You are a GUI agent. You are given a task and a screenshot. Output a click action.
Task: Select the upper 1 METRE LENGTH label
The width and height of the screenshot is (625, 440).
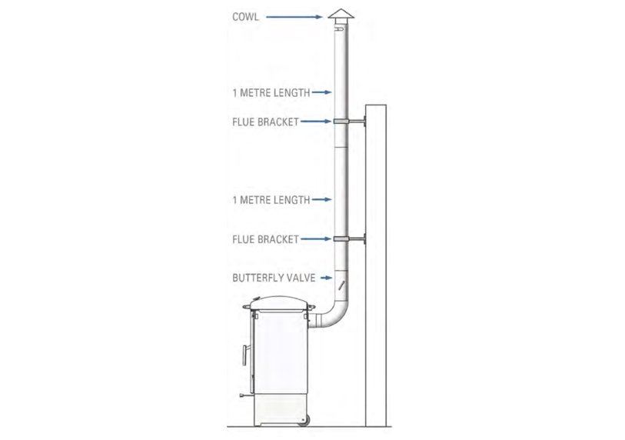271,93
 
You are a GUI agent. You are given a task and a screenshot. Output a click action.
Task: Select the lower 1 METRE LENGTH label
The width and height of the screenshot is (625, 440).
271,200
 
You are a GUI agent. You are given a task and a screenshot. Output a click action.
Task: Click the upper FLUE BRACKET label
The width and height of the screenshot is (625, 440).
265,122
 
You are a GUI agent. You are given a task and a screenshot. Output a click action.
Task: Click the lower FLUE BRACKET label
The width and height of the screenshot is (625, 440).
265,239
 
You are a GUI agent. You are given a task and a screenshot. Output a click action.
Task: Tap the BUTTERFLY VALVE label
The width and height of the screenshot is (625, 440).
274,278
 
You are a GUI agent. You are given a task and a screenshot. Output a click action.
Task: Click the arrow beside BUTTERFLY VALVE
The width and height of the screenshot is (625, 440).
326,278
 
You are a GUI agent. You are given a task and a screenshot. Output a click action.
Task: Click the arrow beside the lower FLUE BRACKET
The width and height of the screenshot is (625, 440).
315,239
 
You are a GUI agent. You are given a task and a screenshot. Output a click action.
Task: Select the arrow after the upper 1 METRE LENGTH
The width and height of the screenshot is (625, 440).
321,93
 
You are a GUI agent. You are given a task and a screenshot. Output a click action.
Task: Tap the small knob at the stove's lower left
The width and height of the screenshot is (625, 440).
242,397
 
